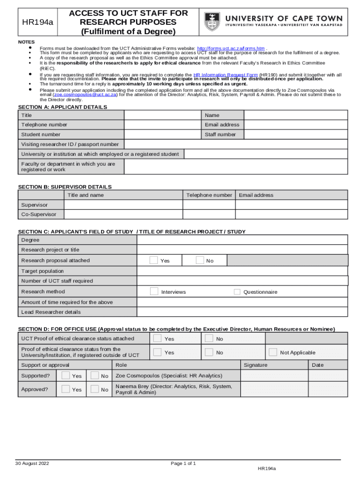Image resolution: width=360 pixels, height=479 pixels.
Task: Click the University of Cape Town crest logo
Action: click(212, 22)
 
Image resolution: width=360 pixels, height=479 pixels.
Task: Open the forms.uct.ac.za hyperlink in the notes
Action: click(231, 48)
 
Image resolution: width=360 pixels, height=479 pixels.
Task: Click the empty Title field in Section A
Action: click(163, 115)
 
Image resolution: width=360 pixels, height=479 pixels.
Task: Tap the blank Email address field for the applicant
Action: click(295, 125)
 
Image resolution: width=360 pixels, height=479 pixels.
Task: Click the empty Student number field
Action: click(163, 135)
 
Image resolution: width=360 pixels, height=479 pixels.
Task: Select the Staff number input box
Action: click(295, 135)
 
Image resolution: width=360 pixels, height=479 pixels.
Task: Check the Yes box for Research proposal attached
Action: click(154, 260)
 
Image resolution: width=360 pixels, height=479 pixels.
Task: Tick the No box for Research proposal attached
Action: click(200, 260)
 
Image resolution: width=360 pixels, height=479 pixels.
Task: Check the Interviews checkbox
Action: click(154, 291)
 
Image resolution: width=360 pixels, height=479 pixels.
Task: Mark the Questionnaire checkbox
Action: click(237, 291)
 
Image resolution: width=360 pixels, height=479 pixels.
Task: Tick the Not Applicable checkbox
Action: click(273, 352)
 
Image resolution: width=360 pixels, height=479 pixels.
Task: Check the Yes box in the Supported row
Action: click(66, 375)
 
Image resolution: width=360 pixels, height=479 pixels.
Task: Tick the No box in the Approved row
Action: click(94, 389)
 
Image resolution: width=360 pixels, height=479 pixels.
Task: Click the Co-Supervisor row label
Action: click(39, 214)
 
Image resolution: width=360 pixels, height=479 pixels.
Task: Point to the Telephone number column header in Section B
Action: click(209, 195)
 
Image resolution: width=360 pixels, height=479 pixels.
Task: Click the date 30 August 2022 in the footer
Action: click(32, 464)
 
